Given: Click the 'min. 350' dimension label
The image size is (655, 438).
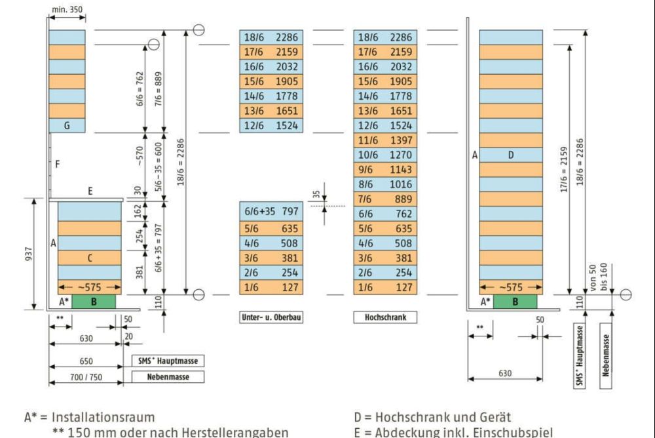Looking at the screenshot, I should [x=67, y=11].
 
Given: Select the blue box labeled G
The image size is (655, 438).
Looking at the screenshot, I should [x=67, y=125].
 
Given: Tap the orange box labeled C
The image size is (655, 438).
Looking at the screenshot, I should [x=90, y=258].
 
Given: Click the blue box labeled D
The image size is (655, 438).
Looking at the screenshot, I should [x=511, y=155].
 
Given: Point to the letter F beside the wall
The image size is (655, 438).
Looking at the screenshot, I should [x=58, y=165].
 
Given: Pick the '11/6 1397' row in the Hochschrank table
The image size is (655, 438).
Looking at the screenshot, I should [x=384, y=140].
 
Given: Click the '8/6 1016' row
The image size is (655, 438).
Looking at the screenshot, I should [x=384, y=184].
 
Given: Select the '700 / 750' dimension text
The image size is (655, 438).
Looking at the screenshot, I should [x=85, y=377].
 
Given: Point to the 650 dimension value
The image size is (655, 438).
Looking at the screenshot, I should [x=85, y=361].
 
